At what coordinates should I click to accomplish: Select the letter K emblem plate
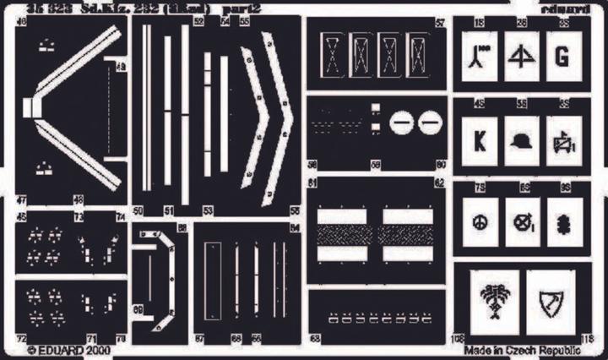point(480,139)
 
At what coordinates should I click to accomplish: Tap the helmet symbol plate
point(521,139)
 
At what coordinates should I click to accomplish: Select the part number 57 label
point(440,23)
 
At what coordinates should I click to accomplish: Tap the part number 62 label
point(440,183)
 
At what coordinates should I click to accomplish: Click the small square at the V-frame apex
point(31,106)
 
